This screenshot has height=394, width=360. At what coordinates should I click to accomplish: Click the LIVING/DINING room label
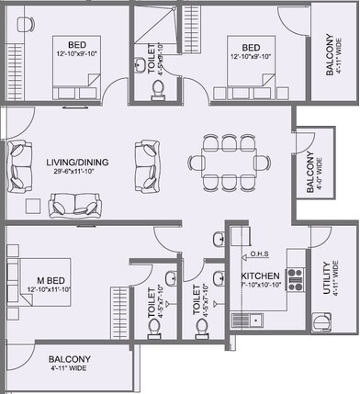click(x=78, y=163)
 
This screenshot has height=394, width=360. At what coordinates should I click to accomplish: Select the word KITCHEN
click(x=260, y=276)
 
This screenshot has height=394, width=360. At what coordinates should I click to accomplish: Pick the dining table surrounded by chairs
click(x=230, y=163)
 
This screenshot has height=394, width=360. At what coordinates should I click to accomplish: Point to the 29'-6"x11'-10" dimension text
click(x=78, y=172)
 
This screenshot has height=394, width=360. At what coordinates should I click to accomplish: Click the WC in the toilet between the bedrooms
click(x=157, y=87)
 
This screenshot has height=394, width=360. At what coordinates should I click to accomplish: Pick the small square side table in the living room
click(x=33, y=204)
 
